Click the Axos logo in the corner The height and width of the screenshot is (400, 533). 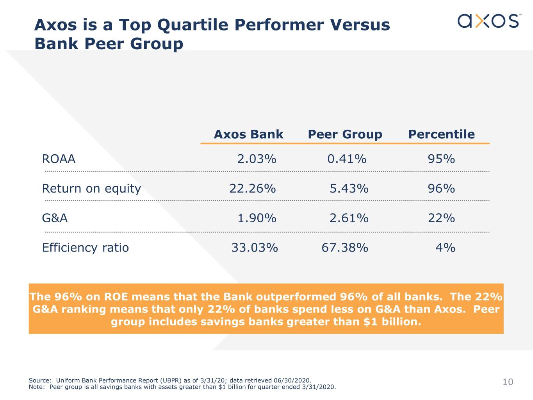click(489, 21)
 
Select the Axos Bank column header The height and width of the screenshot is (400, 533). click(248, 134)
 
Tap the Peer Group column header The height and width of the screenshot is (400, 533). click(345, 134)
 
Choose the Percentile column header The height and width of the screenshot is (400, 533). click(442, 134)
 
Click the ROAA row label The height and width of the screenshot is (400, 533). click(59, 159)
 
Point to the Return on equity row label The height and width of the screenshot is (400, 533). click(91, 189)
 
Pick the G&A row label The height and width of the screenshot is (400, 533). click(55, 218)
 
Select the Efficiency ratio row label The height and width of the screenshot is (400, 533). click(86, 248)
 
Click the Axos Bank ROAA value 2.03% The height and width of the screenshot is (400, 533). click(257, 159)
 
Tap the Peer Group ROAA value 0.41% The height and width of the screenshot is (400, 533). click(347, 159)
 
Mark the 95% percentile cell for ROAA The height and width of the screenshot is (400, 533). click(441, 159)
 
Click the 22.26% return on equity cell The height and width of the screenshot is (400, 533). click(253, 188)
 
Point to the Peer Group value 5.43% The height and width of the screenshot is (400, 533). click(349, 188)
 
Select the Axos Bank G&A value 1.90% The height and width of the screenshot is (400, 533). click(257, 218)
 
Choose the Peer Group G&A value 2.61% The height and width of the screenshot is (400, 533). click(349, 218)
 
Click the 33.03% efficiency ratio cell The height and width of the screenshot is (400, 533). click(255, 248)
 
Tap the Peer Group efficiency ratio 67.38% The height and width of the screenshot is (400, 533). click(345, 248)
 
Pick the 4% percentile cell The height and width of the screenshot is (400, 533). click(446, 248)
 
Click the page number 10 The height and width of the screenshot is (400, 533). click(508, 382)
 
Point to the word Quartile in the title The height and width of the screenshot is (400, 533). click(193, 25)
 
